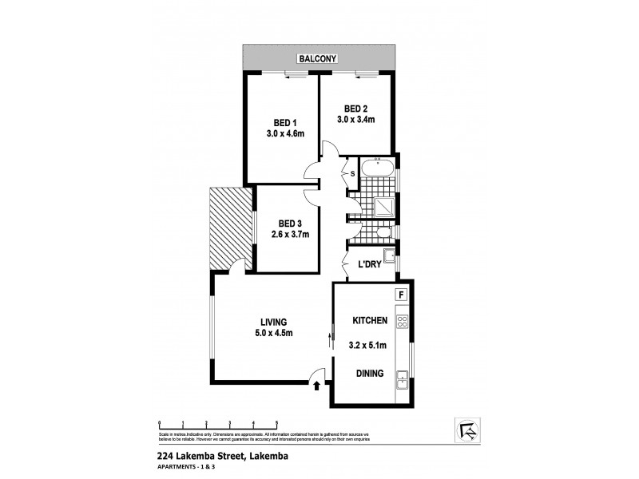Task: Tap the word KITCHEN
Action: pos(371,321)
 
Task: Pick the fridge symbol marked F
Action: pos(402,294)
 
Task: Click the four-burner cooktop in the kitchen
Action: pos(403,323)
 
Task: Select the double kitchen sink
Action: pos(403,381)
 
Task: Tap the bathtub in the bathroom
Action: pos(376,168)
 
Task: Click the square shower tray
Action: pos(385,205)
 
